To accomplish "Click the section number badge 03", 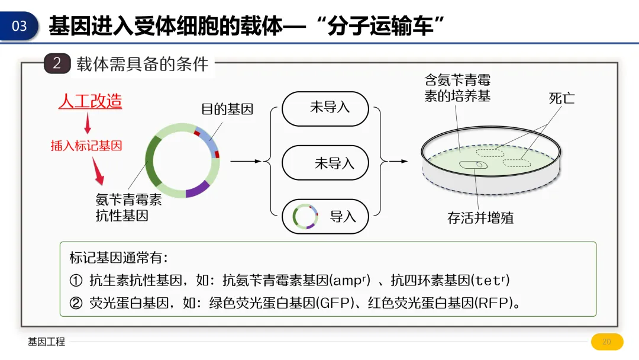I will point(20,26).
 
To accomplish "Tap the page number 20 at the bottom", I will point(606,342).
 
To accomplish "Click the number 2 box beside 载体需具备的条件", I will point(57,63).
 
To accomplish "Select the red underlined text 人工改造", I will point(90,101).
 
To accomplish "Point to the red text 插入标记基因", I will point(86,146).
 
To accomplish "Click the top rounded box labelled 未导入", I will point(325,108).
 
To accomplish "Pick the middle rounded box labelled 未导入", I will point(325,162).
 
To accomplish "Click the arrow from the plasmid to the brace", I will point(245,160).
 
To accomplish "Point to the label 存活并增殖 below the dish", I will point(480,218).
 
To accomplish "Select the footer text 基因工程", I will point(46,342).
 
